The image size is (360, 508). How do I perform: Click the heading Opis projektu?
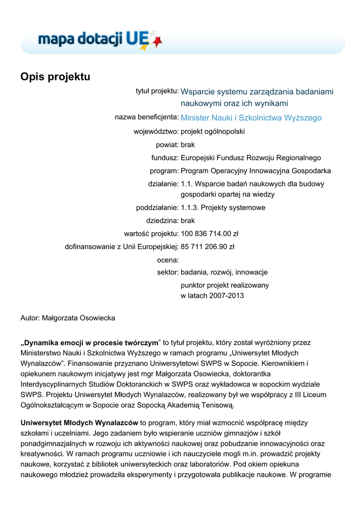point(55,77)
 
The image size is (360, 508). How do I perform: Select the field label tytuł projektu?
point(157,91)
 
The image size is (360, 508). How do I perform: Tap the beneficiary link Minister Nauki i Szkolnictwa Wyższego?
point(251,118)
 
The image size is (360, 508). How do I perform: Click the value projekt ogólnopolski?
point(213,132)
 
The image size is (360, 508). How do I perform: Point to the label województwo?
point(156,132)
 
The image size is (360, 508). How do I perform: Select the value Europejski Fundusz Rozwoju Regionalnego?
point(251,158)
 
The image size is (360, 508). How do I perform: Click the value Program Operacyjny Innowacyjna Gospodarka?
point(256,171)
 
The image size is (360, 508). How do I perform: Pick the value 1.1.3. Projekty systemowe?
point(223,207)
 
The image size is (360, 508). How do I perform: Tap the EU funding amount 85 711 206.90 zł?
point(207,246)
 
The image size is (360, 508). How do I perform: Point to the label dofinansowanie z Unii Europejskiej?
point(122,246)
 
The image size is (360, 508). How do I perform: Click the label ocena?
point(167,259)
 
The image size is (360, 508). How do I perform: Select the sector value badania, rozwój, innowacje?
point(224,272)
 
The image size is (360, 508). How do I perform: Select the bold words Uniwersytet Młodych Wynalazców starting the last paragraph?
point(79,423)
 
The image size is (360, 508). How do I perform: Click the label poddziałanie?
point(157,207)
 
